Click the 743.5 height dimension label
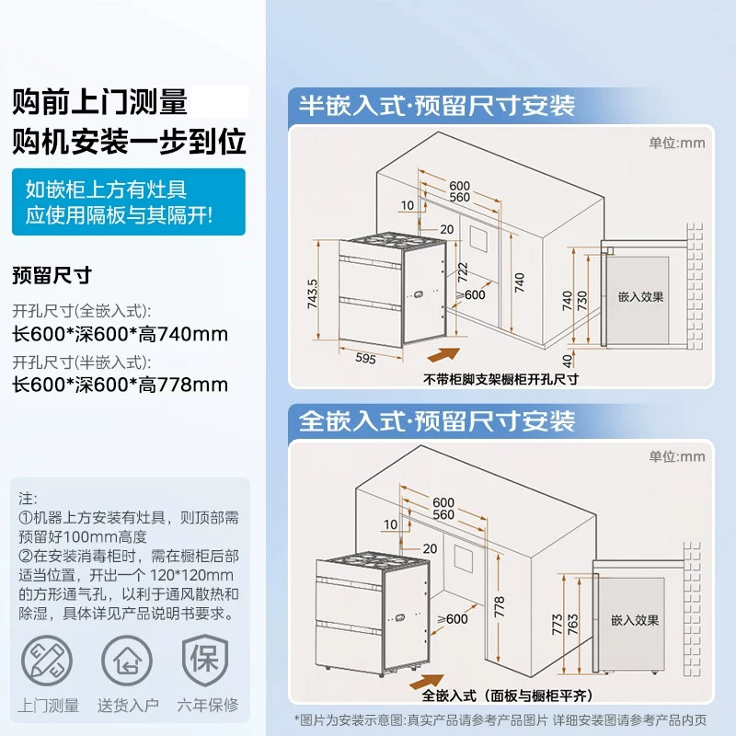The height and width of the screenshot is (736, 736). tap(313, 294)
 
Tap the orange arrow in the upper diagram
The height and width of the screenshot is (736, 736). tap(444, 355)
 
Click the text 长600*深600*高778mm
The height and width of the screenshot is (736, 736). tap(120, 385)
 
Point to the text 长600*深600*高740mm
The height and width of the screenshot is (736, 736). tap(120, 333)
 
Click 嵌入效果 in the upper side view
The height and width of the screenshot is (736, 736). tap(641, 297)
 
